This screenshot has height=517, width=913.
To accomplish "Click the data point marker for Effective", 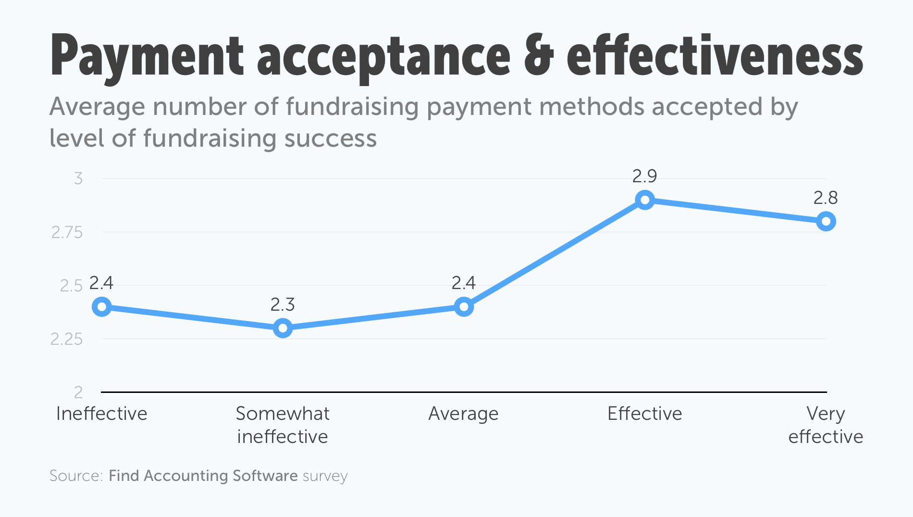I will [x=645, y=200].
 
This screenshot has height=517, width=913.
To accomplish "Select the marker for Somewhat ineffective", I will [x=283, y=328].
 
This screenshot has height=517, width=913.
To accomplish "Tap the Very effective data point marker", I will [x=826, y=221].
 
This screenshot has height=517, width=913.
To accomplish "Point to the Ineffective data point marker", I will [x=102, y=306].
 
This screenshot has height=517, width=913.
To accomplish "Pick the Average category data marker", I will [x=464, y=306].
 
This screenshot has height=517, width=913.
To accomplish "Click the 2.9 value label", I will [x=644, y=177].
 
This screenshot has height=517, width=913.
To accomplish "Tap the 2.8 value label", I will [x=826, y=198].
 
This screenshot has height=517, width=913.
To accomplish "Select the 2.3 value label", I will [x=283, y=304].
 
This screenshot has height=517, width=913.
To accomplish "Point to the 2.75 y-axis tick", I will [x=67, y=233].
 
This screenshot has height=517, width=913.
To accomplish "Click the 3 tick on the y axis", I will [x=78, y=179].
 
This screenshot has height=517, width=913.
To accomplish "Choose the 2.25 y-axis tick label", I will [x=67, y=340].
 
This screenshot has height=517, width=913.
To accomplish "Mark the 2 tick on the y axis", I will [x=78, y=392].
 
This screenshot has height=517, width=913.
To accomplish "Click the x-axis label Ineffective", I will [x=102, y=414].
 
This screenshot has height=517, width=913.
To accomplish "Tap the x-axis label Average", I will [x=464, y=414].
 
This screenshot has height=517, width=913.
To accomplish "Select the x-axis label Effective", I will [x=645, y=414].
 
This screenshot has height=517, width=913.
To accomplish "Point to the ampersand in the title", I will [x=538, y=57].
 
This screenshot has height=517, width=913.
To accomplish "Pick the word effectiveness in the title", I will [x=715, y=57].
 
